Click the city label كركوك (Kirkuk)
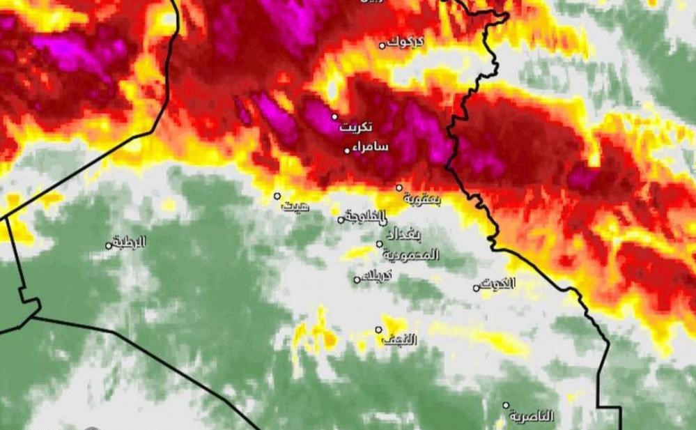[x=405, y=41]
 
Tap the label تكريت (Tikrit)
[x=356, y=128]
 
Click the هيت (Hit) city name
[x=295, y=206]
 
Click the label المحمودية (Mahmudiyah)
[x=410, y=254]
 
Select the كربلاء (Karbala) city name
[x=378, y=275]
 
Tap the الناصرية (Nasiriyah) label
[x=532, y=417]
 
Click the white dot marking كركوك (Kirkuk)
[x=382, y=45]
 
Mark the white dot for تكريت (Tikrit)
[x=334, y=116]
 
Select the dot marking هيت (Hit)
[x=277, y=196]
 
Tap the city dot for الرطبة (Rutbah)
[x=109, y=245]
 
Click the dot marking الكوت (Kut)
[x=477, y=288]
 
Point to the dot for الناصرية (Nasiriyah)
[x=506, y=405]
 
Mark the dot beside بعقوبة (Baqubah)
[x=399, y=187]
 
